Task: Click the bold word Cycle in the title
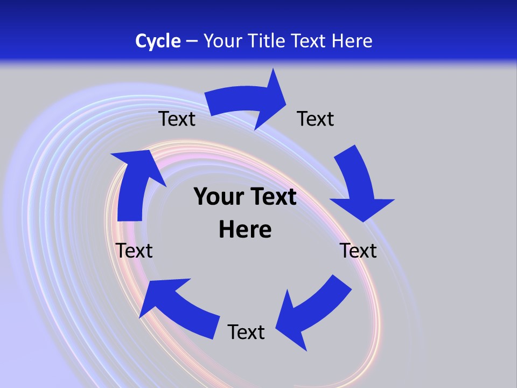click(x=158, y=41)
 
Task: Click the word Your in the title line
click(x=222, y=41)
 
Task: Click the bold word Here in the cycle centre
click(x=245, y=230)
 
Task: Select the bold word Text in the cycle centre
click(x=271, y=197)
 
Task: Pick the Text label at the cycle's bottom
click(x=246, y=332)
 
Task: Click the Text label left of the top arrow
click(x=177, y=119)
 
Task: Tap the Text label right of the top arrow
click(x=316, y=119)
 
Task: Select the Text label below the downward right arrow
click(x=358, y=251)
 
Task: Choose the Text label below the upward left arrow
click(x=134, y=251)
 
